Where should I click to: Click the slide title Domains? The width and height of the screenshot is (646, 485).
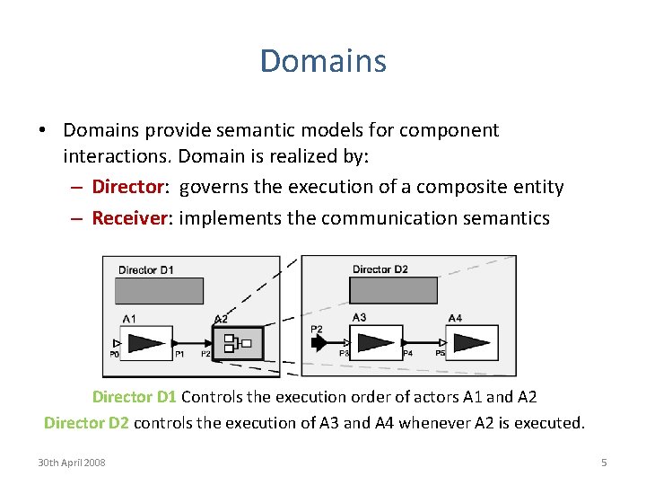point(323,61)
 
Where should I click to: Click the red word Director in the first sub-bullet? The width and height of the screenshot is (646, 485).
point(124,187)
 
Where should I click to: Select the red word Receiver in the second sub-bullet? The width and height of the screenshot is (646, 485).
point(126,217)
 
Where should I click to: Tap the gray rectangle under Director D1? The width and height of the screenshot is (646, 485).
point(159,290)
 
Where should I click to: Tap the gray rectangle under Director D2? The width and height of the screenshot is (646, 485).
point(393,290)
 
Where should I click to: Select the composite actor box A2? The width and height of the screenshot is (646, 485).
point(238,342)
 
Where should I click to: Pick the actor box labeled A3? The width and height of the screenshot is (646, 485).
point(376,342)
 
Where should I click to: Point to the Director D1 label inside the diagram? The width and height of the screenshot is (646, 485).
point(144,269)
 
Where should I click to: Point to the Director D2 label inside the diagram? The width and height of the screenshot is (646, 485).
point(380,269)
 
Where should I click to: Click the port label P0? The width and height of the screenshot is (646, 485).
point(114,355)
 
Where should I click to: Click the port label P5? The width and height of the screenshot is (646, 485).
point(440,354)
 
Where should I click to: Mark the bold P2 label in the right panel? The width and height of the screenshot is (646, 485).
point(317,330)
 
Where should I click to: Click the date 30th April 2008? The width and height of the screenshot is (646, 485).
point(71,463)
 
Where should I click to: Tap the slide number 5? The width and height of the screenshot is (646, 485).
point(604,463)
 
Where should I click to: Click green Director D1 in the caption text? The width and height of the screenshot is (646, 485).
point(135,397)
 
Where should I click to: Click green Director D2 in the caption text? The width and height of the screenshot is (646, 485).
point(86,422)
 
